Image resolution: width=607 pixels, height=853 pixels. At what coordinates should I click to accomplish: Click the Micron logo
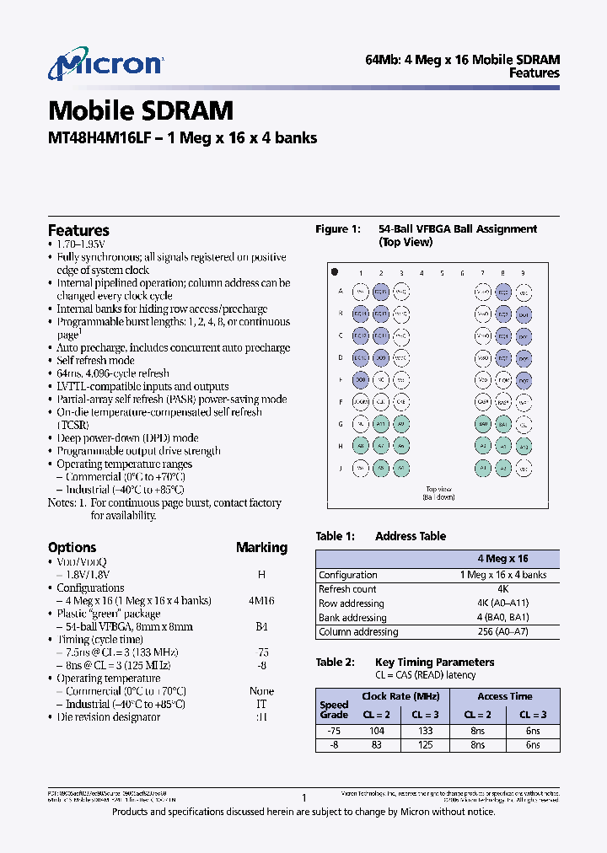(105, 66)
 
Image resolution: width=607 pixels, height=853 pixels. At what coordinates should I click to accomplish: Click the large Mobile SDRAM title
(140, 110)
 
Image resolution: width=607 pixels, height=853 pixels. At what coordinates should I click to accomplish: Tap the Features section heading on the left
(78, 230)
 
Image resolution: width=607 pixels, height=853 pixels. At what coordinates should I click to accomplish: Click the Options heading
(72, 547)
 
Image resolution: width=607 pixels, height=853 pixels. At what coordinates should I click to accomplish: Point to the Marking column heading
(261, 547)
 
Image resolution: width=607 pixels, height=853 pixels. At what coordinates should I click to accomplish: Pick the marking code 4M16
(261, 601)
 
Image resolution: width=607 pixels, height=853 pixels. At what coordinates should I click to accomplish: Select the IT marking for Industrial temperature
(261, 704)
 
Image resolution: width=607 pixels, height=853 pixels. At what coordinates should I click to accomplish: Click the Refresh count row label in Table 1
(347, 589)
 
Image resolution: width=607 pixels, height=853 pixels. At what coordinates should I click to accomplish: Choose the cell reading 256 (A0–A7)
(503, 632)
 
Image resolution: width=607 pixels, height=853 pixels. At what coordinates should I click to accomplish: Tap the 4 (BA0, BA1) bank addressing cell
(503, 618)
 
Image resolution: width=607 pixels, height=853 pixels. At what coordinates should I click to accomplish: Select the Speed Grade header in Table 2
(334, 710)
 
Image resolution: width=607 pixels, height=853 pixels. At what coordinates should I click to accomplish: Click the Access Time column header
(504, 696)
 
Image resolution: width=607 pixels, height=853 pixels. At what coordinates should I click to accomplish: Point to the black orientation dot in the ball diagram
(335, 272)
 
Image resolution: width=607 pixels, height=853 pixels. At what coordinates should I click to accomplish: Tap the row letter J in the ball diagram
(341, 468)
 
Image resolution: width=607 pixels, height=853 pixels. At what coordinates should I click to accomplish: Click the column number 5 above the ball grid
(442, 273)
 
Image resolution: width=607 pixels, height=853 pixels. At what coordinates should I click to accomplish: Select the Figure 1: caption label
(338, 229)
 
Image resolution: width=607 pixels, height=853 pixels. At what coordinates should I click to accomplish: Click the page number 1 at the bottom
(303, 797)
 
